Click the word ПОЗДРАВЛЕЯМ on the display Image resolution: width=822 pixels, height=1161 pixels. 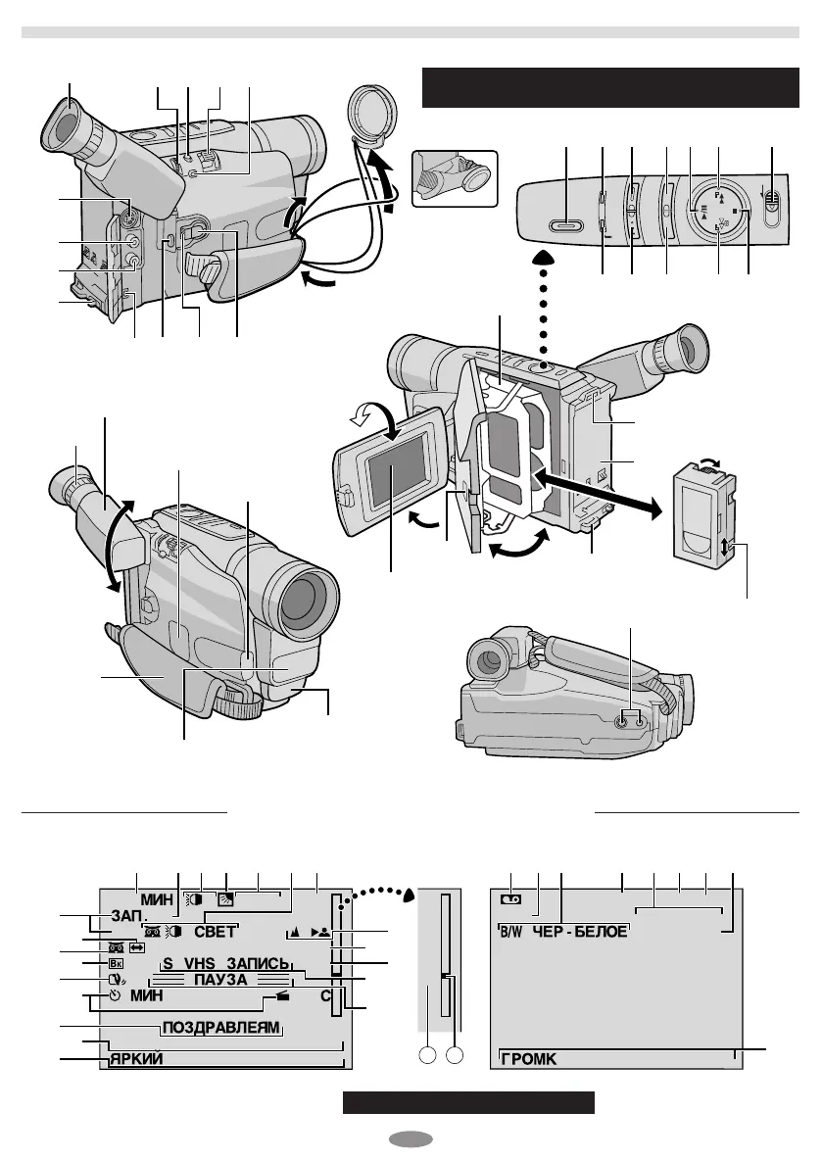tap(220, 1028)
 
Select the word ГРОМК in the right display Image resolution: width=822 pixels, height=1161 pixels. tap(529, 1058)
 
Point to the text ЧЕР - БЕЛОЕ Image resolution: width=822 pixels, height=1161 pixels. tap(579, 931)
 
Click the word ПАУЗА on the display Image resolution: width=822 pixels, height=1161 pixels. tap(220, 979)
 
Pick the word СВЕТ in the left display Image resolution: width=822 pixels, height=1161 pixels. tap(214, 931)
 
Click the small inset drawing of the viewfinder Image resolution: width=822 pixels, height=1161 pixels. tap(456, 177)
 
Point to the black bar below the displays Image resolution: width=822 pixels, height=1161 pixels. tap(469, 1102)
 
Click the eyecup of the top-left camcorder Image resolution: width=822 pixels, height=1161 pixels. tap(66, 130)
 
